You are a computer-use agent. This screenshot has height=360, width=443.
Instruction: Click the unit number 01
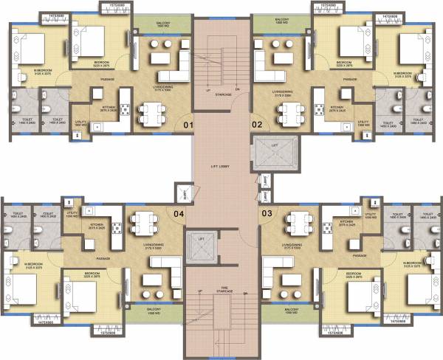188,125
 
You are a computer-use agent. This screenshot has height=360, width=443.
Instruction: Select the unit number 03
266,214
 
